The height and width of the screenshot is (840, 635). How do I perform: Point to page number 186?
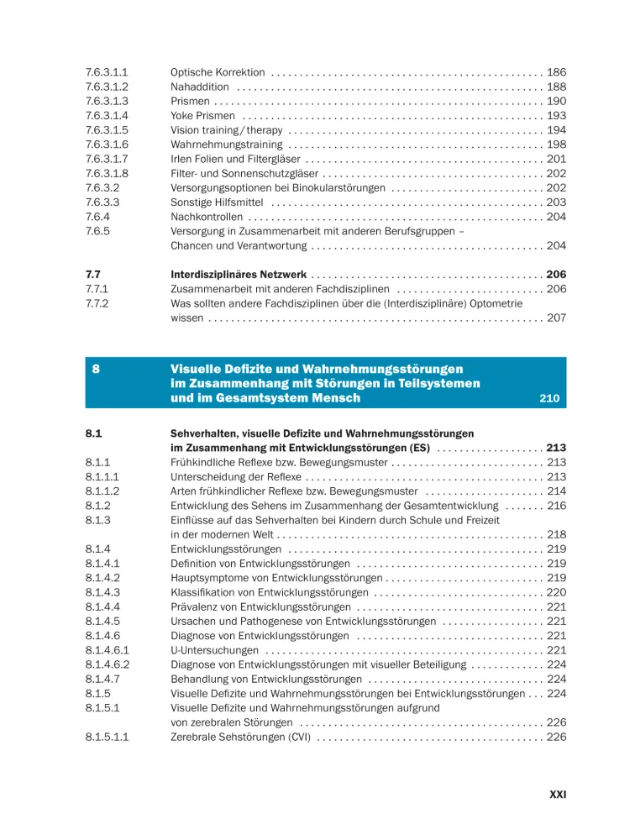click(556, 73)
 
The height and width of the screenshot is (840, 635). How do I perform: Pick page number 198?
click(556, 144)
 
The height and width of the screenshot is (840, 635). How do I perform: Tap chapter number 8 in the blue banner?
click(97, 369)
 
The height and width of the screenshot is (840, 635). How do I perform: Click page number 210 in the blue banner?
click(548, 398)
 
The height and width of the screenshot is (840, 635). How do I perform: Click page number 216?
click(556, 506)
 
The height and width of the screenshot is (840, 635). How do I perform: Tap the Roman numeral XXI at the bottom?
click(557, 793)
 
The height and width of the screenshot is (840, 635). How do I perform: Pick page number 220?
click(556, 592)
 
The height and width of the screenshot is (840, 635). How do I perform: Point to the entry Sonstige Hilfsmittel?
click(217, 202)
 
